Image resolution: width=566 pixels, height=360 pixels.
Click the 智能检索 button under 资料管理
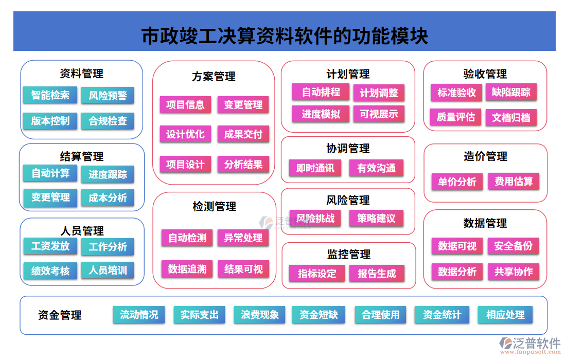click(50, 95)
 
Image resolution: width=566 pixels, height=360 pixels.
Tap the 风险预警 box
click(108, 95)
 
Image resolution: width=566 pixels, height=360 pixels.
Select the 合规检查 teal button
click(108, 121)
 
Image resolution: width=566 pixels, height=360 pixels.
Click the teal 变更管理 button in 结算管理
click(50, 197)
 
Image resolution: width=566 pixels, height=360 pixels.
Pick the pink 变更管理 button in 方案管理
click(243, 105)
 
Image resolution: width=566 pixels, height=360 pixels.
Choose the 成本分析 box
click(108, 197)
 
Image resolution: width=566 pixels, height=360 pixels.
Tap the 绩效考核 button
click(50, 271)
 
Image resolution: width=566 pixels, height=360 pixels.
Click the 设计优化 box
click(185, 135)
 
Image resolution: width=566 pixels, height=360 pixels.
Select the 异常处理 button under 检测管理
click(243, 238)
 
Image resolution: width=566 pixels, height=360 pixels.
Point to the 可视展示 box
click(379, 114)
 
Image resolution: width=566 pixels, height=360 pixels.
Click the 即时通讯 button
click(315, 168)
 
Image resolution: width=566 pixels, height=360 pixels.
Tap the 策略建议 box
click(376, 219)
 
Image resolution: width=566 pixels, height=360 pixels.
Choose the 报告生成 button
click(377, 274)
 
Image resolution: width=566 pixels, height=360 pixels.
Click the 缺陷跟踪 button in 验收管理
click(511, 93)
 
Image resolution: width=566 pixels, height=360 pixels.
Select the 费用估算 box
click(514, 182)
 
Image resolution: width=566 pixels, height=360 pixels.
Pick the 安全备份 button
click(514, 246)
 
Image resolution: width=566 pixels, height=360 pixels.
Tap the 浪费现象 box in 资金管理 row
click(260, 315)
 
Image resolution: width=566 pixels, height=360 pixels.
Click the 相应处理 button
click(505, 315)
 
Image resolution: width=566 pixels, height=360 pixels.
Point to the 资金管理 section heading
click(60, 315)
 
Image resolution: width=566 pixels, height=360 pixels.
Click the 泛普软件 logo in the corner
click(529, 345)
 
